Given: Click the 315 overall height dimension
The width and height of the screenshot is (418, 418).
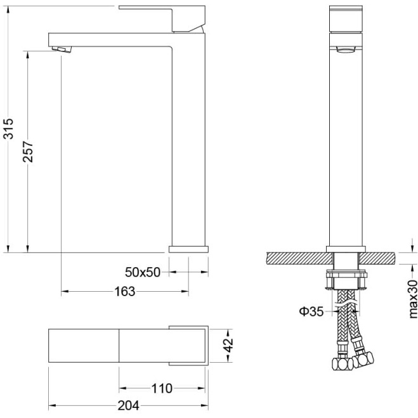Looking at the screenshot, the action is coord(8,129).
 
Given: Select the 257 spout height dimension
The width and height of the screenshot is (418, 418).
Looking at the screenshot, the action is coord(28,152).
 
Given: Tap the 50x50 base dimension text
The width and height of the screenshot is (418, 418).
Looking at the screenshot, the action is coord(143,272).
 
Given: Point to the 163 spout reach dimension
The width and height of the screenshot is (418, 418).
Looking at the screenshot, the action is coord(125,291).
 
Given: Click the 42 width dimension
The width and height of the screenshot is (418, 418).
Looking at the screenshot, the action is coord(228,346).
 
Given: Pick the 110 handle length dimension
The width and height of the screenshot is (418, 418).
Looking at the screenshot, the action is coord(162,388).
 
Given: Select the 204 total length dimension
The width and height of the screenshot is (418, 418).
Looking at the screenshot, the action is coord(129,406).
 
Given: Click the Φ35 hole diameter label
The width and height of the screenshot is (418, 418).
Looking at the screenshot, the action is coord(311,311).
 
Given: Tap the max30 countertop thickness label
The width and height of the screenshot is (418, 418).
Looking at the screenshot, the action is coord(413,299).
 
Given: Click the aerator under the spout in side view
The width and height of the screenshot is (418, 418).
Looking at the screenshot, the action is coord(62,49).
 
